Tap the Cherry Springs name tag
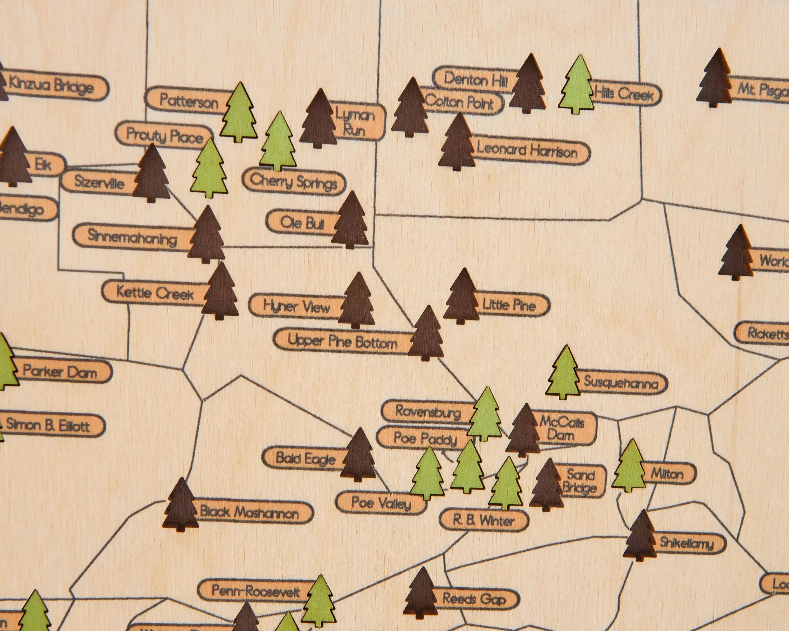click(x=294, y=181)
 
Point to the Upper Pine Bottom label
click(x=342, y=342)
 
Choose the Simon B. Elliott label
click(x=49, y=425)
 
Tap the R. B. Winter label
click(x=484, y=520)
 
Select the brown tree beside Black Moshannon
click(x=181, y=505)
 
